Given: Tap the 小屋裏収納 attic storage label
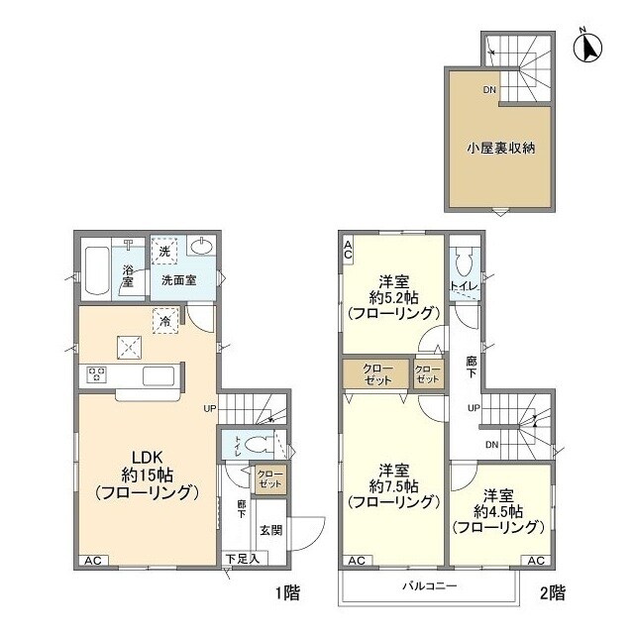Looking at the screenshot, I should click(x=501, y=150).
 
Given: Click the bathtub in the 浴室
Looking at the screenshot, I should click(x=96, y=269).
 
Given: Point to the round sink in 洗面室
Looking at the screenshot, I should click(x=204, y=248).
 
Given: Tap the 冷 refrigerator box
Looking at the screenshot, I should click(x=165, y=318).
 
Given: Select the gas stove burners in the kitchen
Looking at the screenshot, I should click(x=97, y=373).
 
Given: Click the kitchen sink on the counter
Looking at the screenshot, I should click(x=158, y=375).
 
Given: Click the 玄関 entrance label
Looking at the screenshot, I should click(x=271, y=529).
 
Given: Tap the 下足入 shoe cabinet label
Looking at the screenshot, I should click(x=241, y=559).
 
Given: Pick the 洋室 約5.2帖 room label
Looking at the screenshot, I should click(x=392, y=295).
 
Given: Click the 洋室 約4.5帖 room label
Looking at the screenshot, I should click(x=498, y=510).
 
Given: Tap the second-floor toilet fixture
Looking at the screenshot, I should click(x=461, y=263).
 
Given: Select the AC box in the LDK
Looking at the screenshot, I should click(x=92, y=560).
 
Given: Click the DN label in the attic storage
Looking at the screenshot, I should click(x=489, y=90).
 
